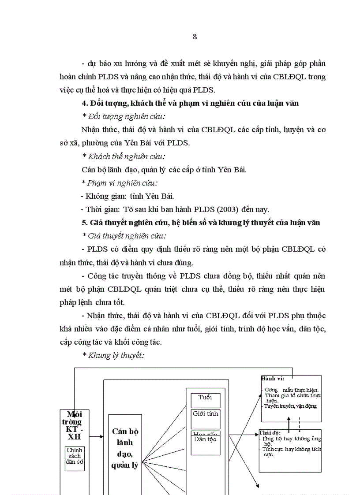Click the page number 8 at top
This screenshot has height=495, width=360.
coord(195,37)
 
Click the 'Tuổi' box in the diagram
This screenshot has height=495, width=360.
coord(205,398)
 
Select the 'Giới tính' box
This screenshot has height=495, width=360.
coord(205,414)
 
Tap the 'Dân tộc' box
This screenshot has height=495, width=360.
coord(205,439)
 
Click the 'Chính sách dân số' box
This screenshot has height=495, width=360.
coord(75,456)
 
